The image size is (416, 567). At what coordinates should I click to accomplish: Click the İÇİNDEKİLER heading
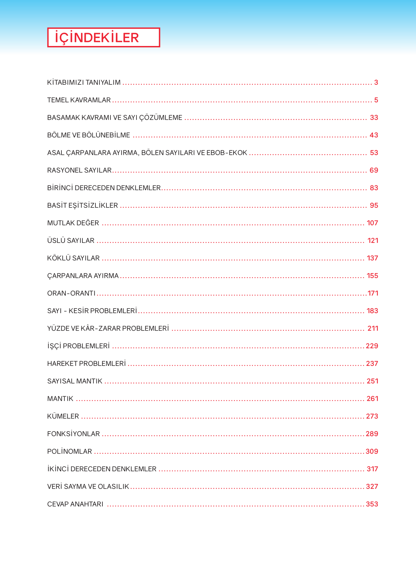(x=97, y=37)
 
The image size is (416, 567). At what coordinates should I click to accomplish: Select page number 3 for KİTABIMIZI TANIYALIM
(x=376, y=82)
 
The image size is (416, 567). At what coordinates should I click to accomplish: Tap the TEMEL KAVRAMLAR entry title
(x=79, y=100)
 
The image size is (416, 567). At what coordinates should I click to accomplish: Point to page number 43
(x=374, y=135)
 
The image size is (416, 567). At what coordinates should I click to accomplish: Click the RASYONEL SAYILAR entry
(x=79, y=170)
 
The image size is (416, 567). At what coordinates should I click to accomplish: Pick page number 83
(x=374, y=188)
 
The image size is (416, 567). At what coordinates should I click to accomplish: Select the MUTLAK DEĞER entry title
(x=73, y=223)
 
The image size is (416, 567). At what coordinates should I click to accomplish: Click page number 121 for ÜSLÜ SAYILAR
(x=373, y=240)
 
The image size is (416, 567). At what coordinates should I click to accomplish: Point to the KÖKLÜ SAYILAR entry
(x=73, y=258)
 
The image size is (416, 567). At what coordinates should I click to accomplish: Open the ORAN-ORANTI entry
(x=71, y=293)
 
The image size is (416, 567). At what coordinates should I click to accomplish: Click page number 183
(x=372, y=311)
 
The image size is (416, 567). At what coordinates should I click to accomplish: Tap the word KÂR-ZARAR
(x=100, y=329)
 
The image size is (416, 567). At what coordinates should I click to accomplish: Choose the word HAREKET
(x=62, y=364)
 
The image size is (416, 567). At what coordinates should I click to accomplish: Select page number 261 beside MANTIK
(x=372, y=399)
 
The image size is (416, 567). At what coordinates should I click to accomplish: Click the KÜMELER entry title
(x=63, y=416)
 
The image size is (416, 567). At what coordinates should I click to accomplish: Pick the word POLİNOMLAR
(x=69, y=451)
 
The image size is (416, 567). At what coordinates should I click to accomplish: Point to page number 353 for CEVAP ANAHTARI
(x=372, y=504)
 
